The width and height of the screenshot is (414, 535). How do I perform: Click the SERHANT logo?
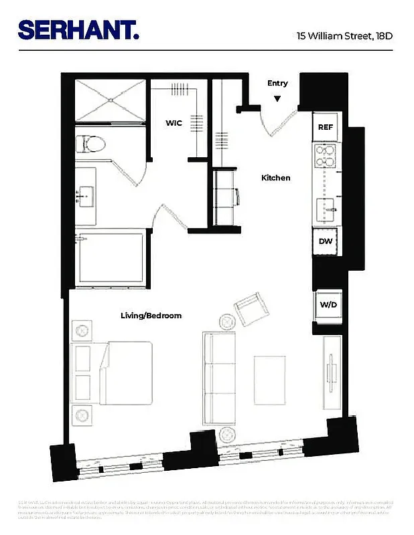[x=78, y=30]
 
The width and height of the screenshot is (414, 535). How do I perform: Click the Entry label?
[x=277, y=84]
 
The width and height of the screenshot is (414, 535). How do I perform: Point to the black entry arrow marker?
[x=277, y=99]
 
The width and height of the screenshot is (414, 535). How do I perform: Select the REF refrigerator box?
[x=326, y=127]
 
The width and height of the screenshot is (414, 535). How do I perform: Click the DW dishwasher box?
[x=326, y=241]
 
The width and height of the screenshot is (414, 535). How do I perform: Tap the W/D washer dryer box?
[x=328, y=305]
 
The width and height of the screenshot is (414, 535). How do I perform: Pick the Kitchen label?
[x=275, y=178]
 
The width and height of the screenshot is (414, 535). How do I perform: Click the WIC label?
[x=174, y=123]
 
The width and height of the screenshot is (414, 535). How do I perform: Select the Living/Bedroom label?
[x=151, y=316]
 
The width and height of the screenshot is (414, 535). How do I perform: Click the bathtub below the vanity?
[x=111, y=257]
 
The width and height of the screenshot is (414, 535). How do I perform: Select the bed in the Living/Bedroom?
[x=114, y=373]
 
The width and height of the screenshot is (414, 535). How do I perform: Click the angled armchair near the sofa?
[x=252, y=309]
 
